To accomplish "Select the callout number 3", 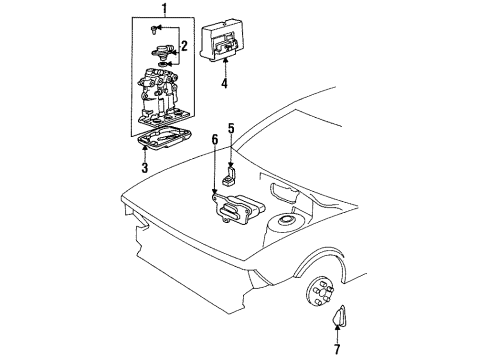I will pos(145,168).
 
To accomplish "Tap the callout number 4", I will pos(225,85).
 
